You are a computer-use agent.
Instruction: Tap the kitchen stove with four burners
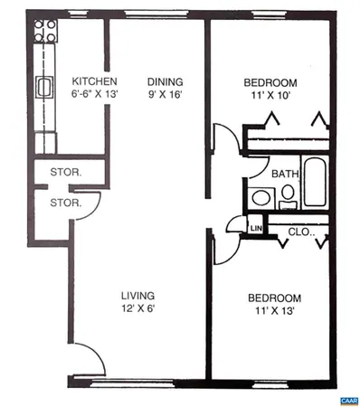point(43,33)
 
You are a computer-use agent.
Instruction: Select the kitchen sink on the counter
point(43,87)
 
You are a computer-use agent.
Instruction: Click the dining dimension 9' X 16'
point(166,93)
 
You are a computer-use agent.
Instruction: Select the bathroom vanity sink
point(261,196)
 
